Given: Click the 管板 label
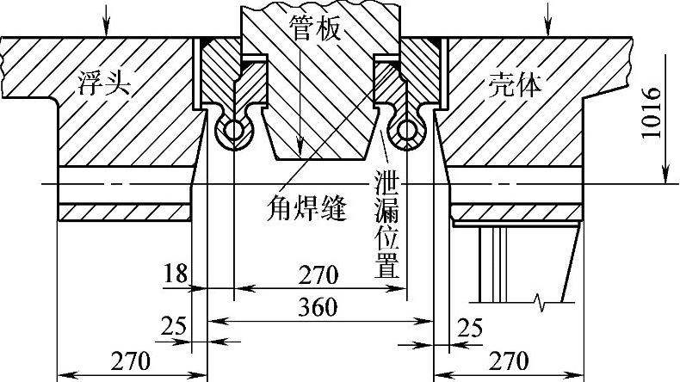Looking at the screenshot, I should (314, 30).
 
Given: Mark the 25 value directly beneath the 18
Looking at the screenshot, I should (174, 328).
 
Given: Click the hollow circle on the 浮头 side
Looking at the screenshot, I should (233, 131).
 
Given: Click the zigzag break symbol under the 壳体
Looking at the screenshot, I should (540, 301).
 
